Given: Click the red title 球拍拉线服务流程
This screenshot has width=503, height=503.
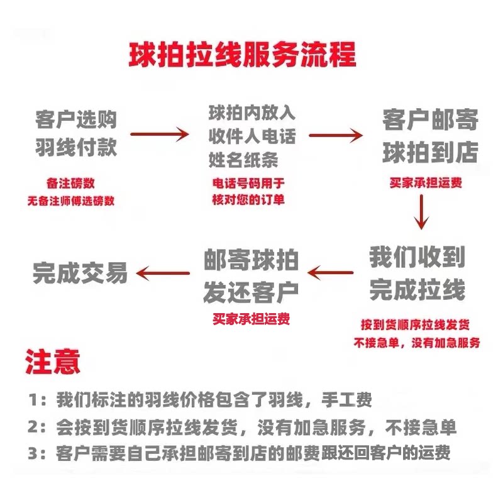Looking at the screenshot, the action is click(x=242, y=55).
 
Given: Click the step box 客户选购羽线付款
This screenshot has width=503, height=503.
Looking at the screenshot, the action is click(x=76, y=132).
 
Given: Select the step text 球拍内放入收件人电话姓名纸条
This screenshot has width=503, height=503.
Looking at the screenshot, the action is click(x=251, y=135).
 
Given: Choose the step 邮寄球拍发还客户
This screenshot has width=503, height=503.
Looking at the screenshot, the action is click(x=251, y=275).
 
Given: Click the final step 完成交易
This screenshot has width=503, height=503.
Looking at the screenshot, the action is click(x=80, y=273).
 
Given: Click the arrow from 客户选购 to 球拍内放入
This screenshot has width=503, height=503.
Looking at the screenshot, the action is click(x=159, y=134).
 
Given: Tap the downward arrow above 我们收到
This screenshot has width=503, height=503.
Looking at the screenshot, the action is click(x=422, y=212).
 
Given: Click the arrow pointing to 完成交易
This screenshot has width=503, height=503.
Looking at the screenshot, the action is click(x=163, y=272).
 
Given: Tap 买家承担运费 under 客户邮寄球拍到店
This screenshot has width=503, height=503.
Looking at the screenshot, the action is click(x=426, y=182).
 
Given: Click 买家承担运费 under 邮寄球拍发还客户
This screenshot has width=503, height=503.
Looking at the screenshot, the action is click(x=251, y=318).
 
